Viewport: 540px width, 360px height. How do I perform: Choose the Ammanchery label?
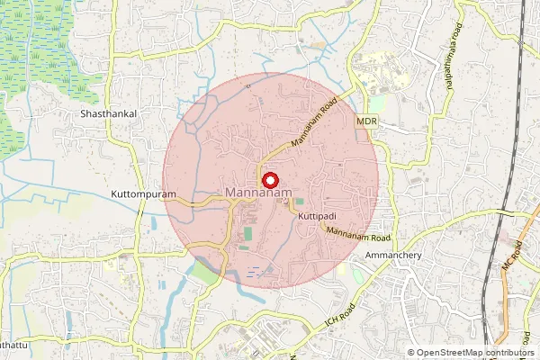[394, 255]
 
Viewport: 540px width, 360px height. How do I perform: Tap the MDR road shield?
[365, 121]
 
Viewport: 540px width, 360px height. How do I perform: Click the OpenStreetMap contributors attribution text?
[476, 353]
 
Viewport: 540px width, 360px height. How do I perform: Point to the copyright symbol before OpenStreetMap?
[411, 353]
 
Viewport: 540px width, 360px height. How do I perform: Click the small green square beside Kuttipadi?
[300, 202]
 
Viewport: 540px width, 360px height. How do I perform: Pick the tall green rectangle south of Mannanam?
[247, 235]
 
